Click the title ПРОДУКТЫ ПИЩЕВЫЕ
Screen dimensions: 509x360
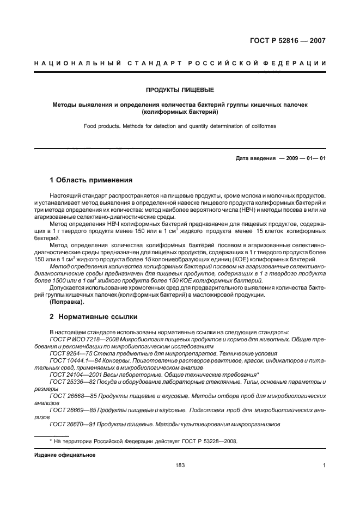click(180, 89)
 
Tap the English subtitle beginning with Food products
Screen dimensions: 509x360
click(180, 126)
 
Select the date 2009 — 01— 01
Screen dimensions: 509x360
click(306, 158)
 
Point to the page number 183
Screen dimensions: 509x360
click(180, 465)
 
